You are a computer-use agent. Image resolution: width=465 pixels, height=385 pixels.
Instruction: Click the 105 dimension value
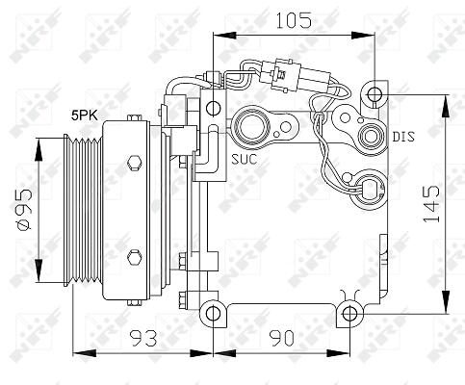pyautogui.click(x=294, y=20)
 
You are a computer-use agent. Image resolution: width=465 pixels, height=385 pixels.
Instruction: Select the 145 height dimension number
pyautogui.click(x=431, y=204)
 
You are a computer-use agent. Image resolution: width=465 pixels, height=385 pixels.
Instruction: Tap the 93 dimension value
pyautogui.click(x=143, y=338)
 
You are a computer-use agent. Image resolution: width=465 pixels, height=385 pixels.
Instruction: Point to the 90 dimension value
pyautogui.click(x=281, y=338)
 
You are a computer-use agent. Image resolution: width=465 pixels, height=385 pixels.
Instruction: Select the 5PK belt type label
pyautogui.click(x=85, y=115)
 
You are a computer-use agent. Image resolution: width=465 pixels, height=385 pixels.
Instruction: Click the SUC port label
pyautogui.click(x=245, y=159)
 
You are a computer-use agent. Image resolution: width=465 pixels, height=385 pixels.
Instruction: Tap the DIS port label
pyautogui.click(x=403, y=137)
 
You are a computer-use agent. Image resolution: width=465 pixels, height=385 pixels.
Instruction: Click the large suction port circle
pyautogui.click(x=252, y=126)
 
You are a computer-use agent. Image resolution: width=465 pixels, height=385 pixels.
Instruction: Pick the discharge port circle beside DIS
pyautogui.click(x=372, y=137)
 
